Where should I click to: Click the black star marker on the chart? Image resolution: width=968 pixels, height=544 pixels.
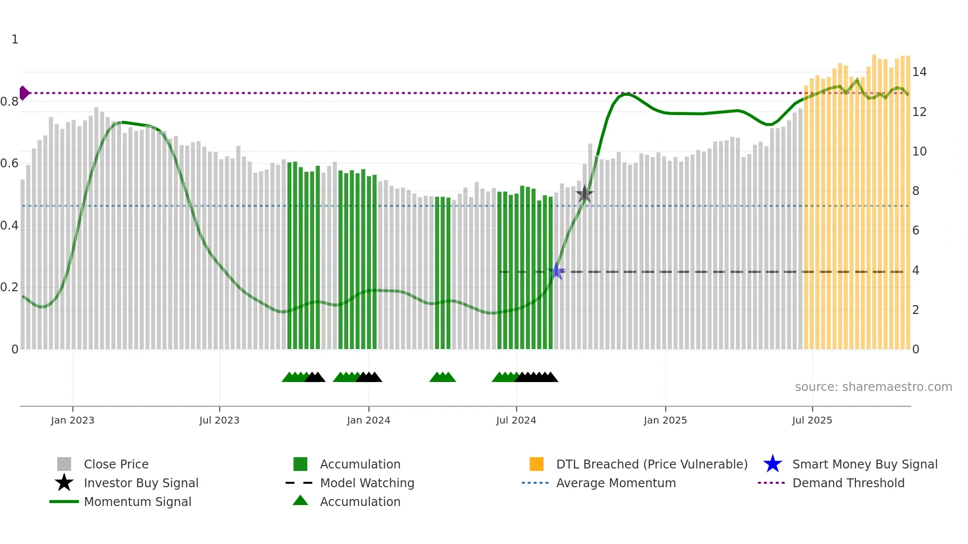click(584, 194)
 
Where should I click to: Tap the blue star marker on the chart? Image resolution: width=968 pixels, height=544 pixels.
click(557, 271)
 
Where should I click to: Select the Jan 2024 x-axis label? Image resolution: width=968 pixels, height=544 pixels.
click(368, 420)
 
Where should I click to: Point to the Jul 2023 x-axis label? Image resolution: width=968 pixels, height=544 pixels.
click(219, 420)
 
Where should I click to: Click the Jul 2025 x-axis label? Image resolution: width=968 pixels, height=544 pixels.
click(812, 420)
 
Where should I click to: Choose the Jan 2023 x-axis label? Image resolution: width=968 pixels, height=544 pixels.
click(73, 420)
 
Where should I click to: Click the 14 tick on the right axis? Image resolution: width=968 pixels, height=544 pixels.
click(919, 72)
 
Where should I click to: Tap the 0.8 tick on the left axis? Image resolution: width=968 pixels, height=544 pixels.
click(9, 102)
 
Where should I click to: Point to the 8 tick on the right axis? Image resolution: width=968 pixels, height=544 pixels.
click(916, 191)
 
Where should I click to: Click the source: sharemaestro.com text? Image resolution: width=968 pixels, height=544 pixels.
click(873, 387)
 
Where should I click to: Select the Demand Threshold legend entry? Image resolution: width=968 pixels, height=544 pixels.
click(848, 483)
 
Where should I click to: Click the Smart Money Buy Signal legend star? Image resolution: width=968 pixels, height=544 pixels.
click(772, 464)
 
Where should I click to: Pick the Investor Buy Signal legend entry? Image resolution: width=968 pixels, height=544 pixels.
click(141, 483)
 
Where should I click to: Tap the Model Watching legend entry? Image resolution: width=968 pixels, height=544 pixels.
click(366, 483)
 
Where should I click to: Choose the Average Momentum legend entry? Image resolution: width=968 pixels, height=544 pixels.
click(615, 483)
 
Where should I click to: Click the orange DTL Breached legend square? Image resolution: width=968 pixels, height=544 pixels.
click(536, 464)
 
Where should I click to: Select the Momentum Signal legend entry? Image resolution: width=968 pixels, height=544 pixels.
click(137, 502)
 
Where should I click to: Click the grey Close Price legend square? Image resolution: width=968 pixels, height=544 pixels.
click(64, 464)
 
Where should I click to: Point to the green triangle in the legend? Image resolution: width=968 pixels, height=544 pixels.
click(300, 501)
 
